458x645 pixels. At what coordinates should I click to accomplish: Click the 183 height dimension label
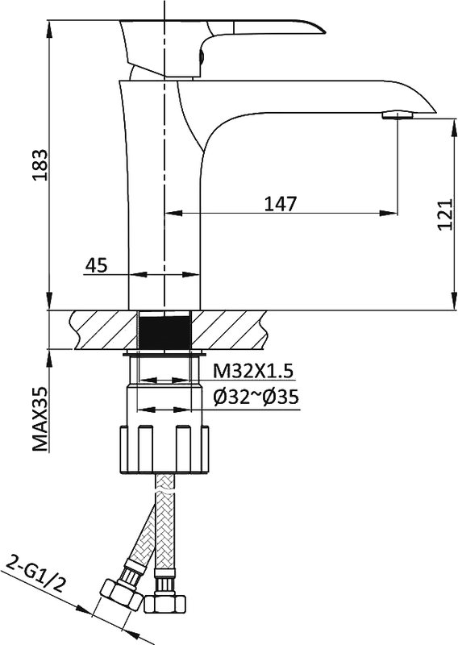[41, 165]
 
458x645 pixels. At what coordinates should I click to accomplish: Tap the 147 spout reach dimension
[281, 203]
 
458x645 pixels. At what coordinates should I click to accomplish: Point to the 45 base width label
[96, 265]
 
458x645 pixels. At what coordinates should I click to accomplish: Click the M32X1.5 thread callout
[253, 371]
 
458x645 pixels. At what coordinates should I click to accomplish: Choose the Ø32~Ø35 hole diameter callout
[256, 397]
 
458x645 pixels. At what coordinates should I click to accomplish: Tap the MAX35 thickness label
[40, 418]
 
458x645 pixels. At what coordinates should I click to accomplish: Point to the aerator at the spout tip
[397, 114]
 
